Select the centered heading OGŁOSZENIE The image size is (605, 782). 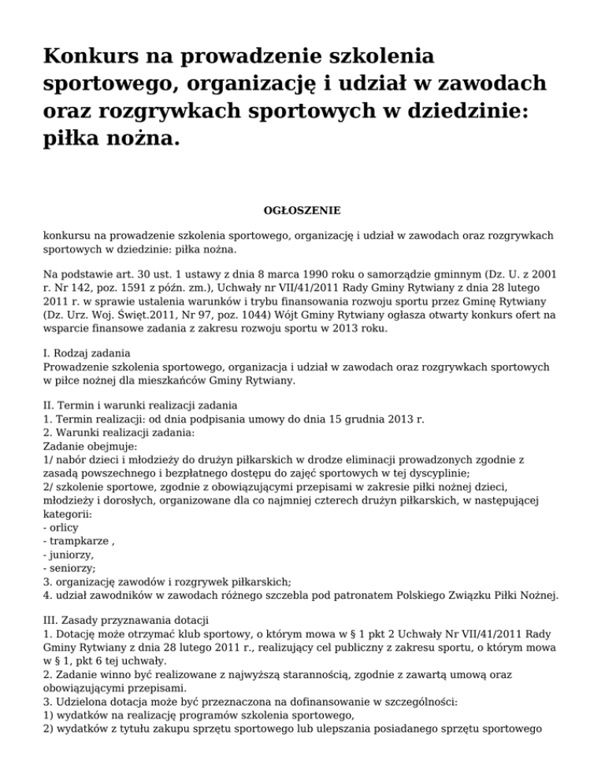[302, 210]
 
